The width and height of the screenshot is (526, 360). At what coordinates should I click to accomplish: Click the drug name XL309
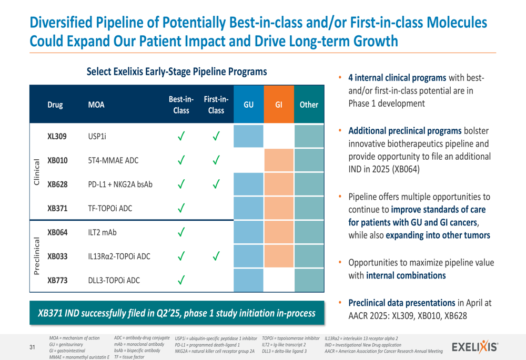coord(57,137)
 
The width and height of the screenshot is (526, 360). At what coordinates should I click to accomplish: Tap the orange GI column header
coord(279,105)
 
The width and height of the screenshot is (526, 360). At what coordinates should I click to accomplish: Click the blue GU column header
coord(248,105)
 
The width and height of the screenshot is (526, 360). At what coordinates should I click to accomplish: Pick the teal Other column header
coord(309,105)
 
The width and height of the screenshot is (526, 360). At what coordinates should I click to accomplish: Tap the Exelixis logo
coord(476,346)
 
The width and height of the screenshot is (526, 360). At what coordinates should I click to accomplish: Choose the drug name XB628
coord(57,184)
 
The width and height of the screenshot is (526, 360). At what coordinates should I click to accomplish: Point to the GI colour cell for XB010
coord(279,160)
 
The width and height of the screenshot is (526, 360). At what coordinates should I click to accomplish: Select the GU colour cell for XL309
coord(248,137)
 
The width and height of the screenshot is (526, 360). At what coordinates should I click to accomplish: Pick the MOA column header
coord(96,105)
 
